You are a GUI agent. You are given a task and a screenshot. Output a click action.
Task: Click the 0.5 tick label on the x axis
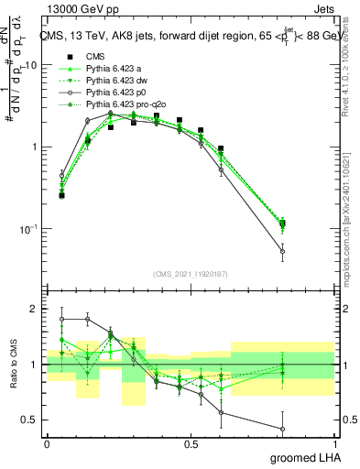[x=191, y=444]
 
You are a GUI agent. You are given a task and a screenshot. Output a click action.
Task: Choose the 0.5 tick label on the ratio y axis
[x=31, y=420]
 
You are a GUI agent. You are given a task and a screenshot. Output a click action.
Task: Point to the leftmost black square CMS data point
[x=61, y=195]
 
